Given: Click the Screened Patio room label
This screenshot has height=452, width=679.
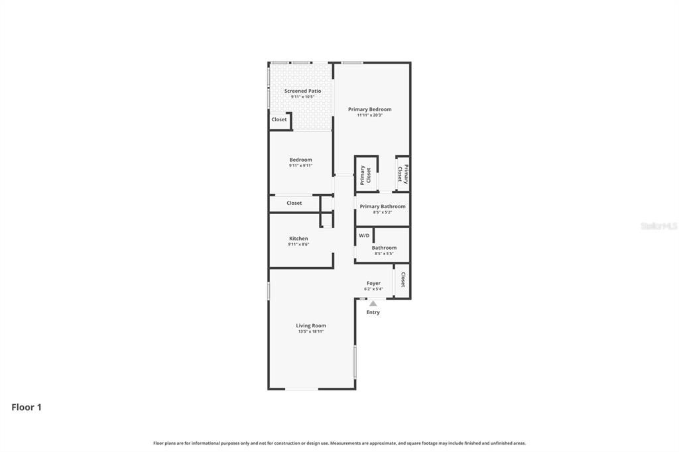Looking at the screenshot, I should point(302,91).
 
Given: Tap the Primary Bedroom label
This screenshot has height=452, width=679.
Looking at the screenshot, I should point(369,109).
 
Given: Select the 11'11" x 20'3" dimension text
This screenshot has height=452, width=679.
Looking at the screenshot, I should point(369,115).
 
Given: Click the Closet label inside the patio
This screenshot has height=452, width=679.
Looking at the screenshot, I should point(279,120).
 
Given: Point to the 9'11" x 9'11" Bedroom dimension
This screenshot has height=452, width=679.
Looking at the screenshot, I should point(300,166).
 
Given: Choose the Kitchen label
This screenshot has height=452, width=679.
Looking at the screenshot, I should point(298,239).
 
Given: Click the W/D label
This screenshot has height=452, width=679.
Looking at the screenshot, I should point(364,236).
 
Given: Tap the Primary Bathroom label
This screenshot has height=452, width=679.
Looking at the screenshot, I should point(383,207).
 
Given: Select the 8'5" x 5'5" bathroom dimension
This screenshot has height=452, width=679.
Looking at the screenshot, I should point(384,254).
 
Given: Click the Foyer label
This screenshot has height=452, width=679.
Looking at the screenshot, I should point(373,283).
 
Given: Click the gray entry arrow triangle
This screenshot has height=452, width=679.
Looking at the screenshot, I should point(373,304).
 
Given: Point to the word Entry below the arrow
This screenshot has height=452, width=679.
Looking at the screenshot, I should point(373,312).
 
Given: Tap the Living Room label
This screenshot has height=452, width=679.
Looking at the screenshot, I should point(311,325).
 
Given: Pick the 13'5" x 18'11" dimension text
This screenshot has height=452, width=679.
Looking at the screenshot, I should point(311,331).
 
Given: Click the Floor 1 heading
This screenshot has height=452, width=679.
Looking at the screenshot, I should point(27,408).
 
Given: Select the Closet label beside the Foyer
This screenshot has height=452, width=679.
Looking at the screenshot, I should point(402,280).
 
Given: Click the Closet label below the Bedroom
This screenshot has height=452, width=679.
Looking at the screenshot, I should point(294,203).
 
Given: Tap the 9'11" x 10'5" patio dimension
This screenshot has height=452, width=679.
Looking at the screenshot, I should point(302,97).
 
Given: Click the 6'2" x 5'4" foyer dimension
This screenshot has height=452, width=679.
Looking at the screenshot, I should point(373,289).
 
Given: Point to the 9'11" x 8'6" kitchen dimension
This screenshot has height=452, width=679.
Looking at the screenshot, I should point(298,245).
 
